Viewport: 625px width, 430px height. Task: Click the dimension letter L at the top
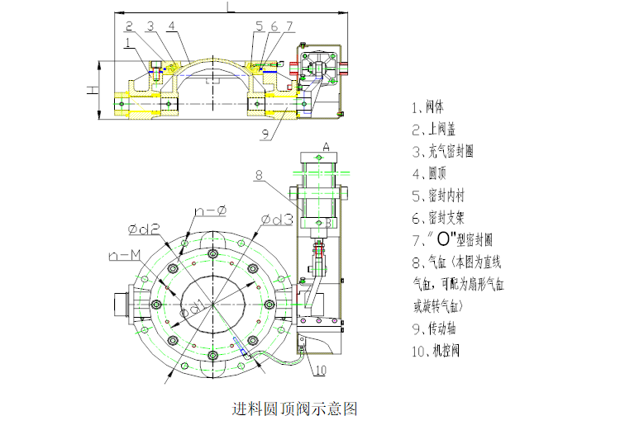(x=229, y=7)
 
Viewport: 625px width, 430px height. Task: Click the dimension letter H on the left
(x=94, y=88)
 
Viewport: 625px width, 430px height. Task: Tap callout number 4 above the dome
(x=170, y=26)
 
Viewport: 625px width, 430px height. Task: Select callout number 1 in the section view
(x=128, y=41)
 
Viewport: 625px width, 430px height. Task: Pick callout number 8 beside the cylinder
(x=258, y=175)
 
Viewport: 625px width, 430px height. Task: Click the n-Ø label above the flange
(x=210, y=212)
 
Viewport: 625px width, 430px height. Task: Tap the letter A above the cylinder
(x=326, y=147)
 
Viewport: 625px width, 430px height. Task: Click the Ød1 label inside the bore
(x=196, y=305)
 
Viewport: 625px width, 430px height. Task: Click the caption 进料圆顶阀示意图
(x=295, y=409)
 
